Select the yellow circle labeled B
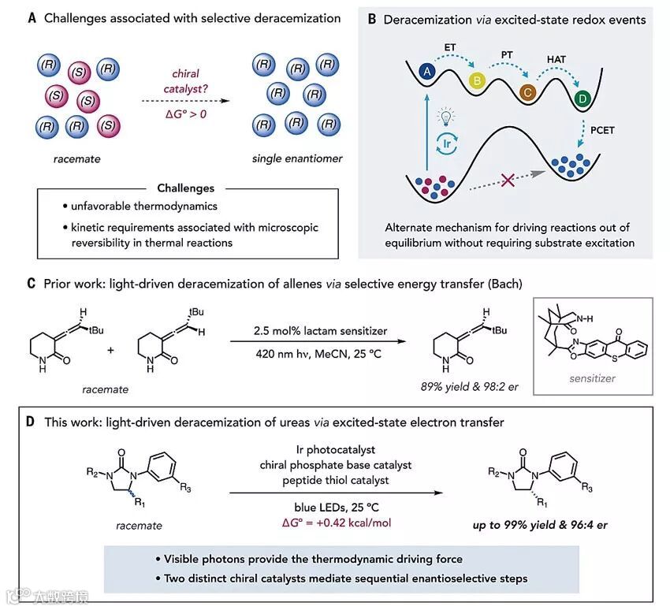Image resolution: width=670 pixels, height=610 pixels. pyautogui.click(x=477, y=80)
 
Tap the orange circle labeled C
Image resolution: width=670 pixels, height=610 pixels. pyautogui.click(x=527, y=91)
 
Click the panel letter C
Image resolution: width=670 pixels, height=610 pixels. pyautogui.click(x=29, y=281)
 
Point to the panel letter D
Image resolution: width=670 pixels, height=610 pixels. pyautogui.click(x=30, y=423)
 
